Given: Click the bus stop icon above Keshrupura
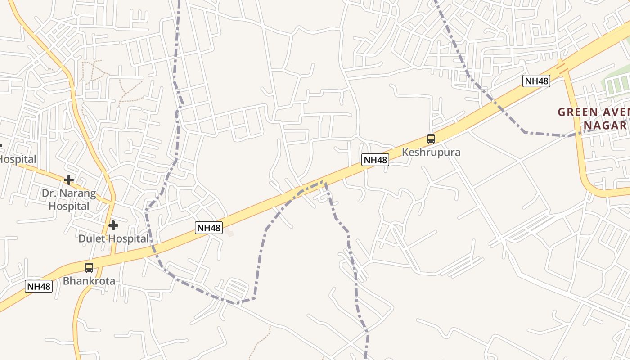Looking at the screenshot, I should (x=431, y=139).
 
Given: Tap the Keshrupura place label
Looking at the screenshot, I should (x=431, y=152).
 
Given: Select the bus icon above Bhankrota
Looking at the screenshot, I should (x=89, y=267).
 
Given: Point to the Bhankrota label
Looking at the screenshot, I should (x=89, y=281).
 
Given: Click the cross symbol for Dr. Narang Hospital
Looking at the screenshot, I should (x=69, y=180).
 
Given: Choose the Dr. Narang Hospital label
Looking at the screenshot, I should (x=69, y=200).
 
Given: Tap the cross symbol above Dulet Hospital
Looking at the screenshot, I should (x=113, y=225).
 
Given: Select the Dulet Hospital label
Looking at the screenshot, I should (x=113, y=238).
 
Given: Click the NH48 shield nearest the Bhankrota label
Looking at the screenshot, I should (x=39, y=286).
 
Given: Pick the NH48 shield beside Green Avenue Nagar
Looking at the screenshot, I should (x=536, y=81).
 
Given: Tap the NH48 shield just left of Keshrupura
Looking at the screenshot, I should (x=375, y=160).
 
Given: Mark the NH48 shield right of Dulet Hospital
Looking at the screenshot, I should (x=209, y=228).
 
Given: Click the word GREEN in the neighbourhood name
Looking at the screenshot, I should (x=577, y=112).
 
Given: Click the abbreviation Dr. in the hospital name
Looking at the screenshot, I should (x=49, y=193).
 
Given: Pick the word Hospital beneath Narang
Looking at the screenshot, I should (x=69, y=206).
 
